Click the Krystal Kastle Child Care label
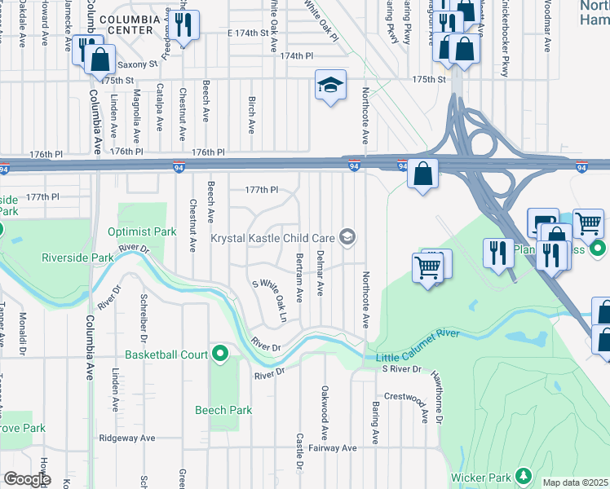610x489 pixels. click(272, 238)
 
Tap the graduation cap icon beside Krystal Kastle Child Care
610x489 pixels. click(347, 237)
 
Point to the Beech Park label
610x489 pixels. click(223, 410)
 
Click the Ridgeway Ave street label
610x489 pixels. click(126, 438)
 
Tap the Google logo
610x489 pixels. click(26, 479)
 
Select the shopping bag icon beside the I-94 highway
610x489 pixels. click(422, 174)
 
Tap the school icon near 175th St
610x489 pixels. click(330, 85)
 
